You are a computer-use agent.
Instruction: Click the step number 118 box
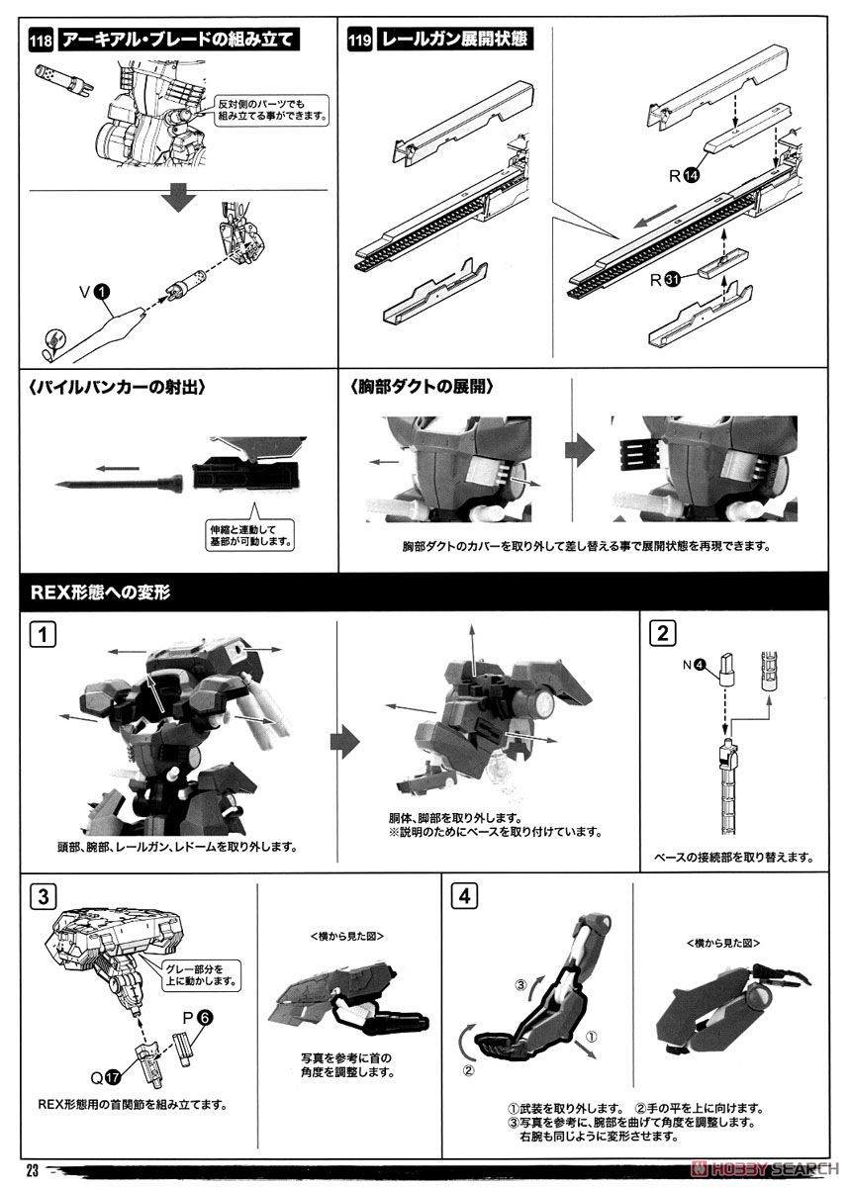(41, 41)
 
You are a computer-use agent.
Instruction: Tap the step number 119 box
(360, 41)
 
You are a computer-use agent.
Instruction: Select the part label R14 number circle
(692, 175)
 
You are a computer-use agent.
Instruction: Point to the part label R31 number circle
(672, 280)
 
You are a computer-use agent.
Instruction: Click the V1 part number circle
(102, 291)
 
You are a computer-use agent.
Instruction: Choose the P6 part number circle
(205, 1018)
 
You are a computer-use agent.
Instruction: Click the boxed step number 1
(43, 634)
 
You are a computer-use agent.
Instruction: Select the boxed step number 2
(662, 633)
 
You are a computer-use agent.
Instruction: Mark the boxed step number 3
(43, 896)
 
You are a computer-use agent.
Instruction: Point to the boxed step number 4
(464, 896)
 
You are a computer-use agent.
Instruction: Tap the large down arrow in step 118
(179, 198)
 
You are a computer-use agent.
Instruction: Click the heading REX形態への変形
(100, 592)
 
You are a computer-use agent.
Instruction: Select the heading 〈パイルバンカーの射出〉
(118, 388)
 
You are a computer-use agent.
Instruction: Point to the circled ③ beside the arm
(520, 985)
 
